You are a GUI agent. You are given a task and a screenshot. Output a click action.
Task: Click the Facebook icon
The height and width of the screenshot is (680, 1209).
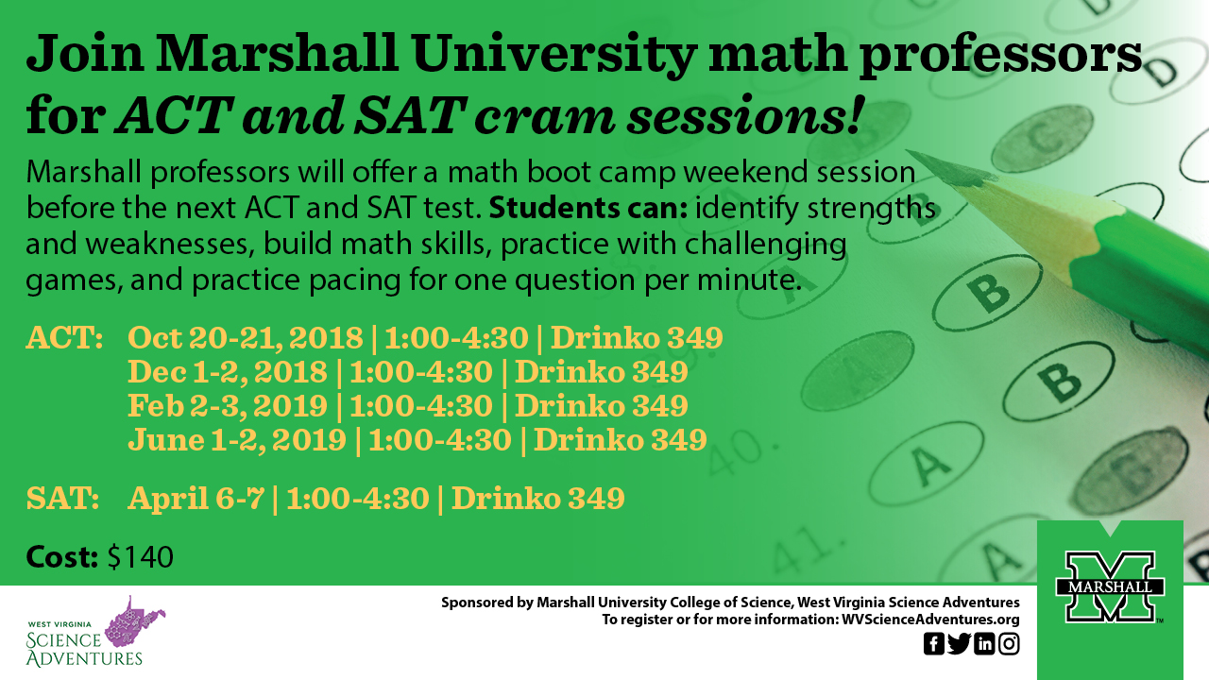(934, 644)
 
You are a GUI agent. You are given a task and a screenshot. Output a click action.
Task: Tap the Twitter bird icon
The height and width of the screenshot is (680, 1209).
(959, 644)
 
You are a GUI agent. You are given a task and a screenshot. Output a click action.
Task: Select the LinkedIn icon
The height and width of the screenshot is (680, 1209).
(984, 644)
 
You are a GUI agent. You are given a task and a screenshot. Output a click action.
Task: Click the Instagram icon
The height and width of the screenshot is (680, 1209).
(1009, 644)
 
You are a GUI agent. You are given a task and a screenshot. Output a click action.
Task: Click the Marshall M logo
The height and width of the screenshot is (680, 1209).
(1110, 586)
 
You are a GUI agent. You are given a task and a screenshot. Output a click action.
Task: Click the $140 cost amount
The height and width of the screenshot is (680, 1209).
(141, 557)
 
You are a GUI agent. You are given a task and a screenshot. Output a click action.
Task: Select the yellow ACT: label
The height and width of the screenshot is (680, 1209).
(65, 338)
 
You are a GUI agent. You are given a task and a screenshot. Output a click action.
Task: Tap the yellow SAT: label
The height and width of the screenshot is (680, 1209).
(62, 498)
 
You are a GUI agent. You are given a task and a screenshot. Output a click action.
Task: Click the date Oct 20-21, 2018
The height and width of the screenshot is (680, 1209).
(246, 338)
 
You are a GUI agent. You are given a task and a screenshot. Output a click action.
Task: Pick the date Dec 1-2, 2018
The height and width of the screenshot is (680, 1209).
(228, 372)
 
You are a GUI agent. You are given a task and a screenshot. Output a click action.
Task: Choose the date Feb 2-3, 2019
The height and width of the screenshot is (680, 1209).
(228, 406)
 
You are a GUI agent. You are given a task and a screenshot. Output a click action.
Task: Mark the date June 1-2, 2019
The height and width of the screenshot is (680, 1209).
(237, 440)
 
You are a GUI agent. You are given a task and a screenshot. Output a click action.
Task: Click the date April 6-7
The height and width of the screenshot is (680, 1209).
(196, 498)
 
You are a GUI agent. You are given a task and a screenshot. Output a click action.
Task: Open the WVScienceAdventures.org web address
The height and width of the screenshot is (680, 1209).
(930, 619)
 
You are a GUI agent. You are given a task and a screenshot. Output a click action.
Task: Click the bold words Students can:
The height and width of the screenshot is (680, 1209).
(588, 209)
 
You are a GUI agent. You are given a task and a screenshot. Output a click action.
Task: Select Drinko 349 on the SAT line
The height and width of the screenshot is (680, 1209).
(538, 498)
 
